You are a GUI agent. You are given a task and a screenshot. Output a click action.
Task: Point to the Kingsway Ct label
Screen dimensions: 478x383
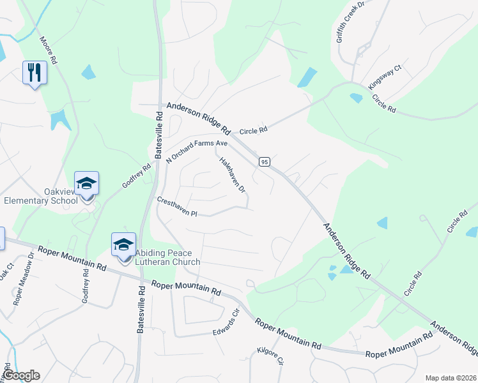click(x=385, y=77)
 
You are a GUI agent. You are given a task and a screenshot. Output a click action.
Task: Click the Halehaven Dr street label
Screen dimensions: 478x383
click(x=233, y=176)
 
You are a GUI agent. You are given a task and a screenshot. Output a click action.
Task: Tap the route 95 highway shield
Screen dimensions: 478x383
click(x=263, y=162)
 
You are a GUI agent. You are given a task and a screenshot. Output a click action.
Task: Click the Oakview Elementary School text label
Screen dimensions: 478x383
click(x=41, y=195)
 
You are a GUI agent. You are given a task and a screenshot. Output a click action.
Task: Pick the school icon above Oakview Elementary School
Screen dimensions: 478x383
click(x=87, y=184)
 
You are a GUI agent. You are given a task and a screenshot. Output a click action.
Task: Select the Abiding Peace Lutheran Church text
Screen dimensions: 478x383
click(x=167, y=257)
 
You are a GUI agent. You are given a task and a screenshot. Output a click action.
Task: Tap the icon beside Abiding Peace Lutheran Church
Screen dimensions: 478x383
click(x=124, y=245)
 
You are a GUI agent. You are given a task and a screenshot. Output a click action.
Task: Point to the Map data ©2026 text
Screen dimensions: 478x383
click(x=451, y=378)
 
